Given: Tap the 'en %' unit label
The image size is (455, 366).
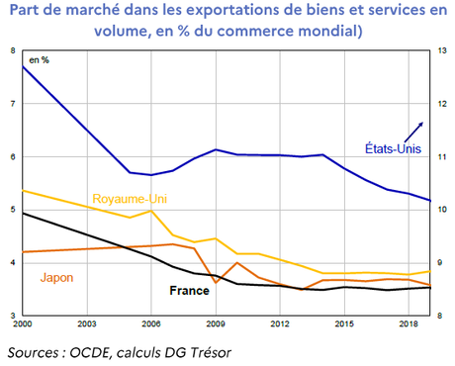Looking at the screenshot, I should [39, 61].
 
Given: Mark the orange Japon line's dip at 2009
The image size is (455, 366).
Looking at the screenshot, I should [216, 283].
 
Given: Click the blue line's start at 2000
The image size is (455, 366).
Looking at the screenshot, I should [23, 66].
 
